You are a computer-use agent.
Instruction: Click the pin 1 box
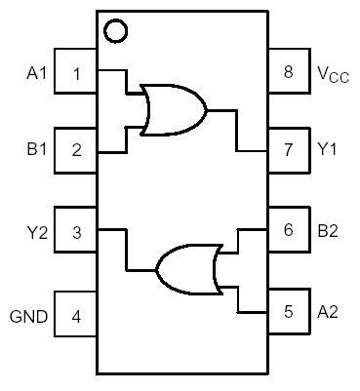[x=76, y=71]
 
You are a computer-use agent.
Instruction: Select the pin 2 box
[x=76, y=150]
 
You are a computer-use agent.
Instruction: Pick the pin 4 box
[x=76, y=314]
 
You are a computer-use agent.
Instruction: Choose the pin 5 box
[x=287, y=312]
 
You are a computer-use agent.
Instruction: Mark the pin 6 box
[x=287, y=230]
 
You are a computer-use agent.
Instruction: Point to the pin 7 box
[x=287, y=150]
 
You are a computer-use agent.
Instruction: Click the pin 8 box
[x=287, y=71]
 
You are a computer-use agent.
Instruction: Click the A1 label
[x=36, y=72]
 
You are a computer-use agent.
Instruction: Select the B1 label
[x=36, y=151]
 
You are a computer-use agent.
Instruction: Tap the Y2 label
[x=36, y=231]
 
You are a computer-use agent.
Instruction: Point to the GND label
[x=28, y=316]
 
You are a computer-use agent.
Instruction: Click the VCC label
[x=330, y=73]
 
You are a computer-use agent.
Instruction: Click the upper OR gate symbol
[x=173, y=109]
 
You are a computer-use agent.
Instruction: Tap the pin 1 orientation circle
[x=115, y=31]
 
